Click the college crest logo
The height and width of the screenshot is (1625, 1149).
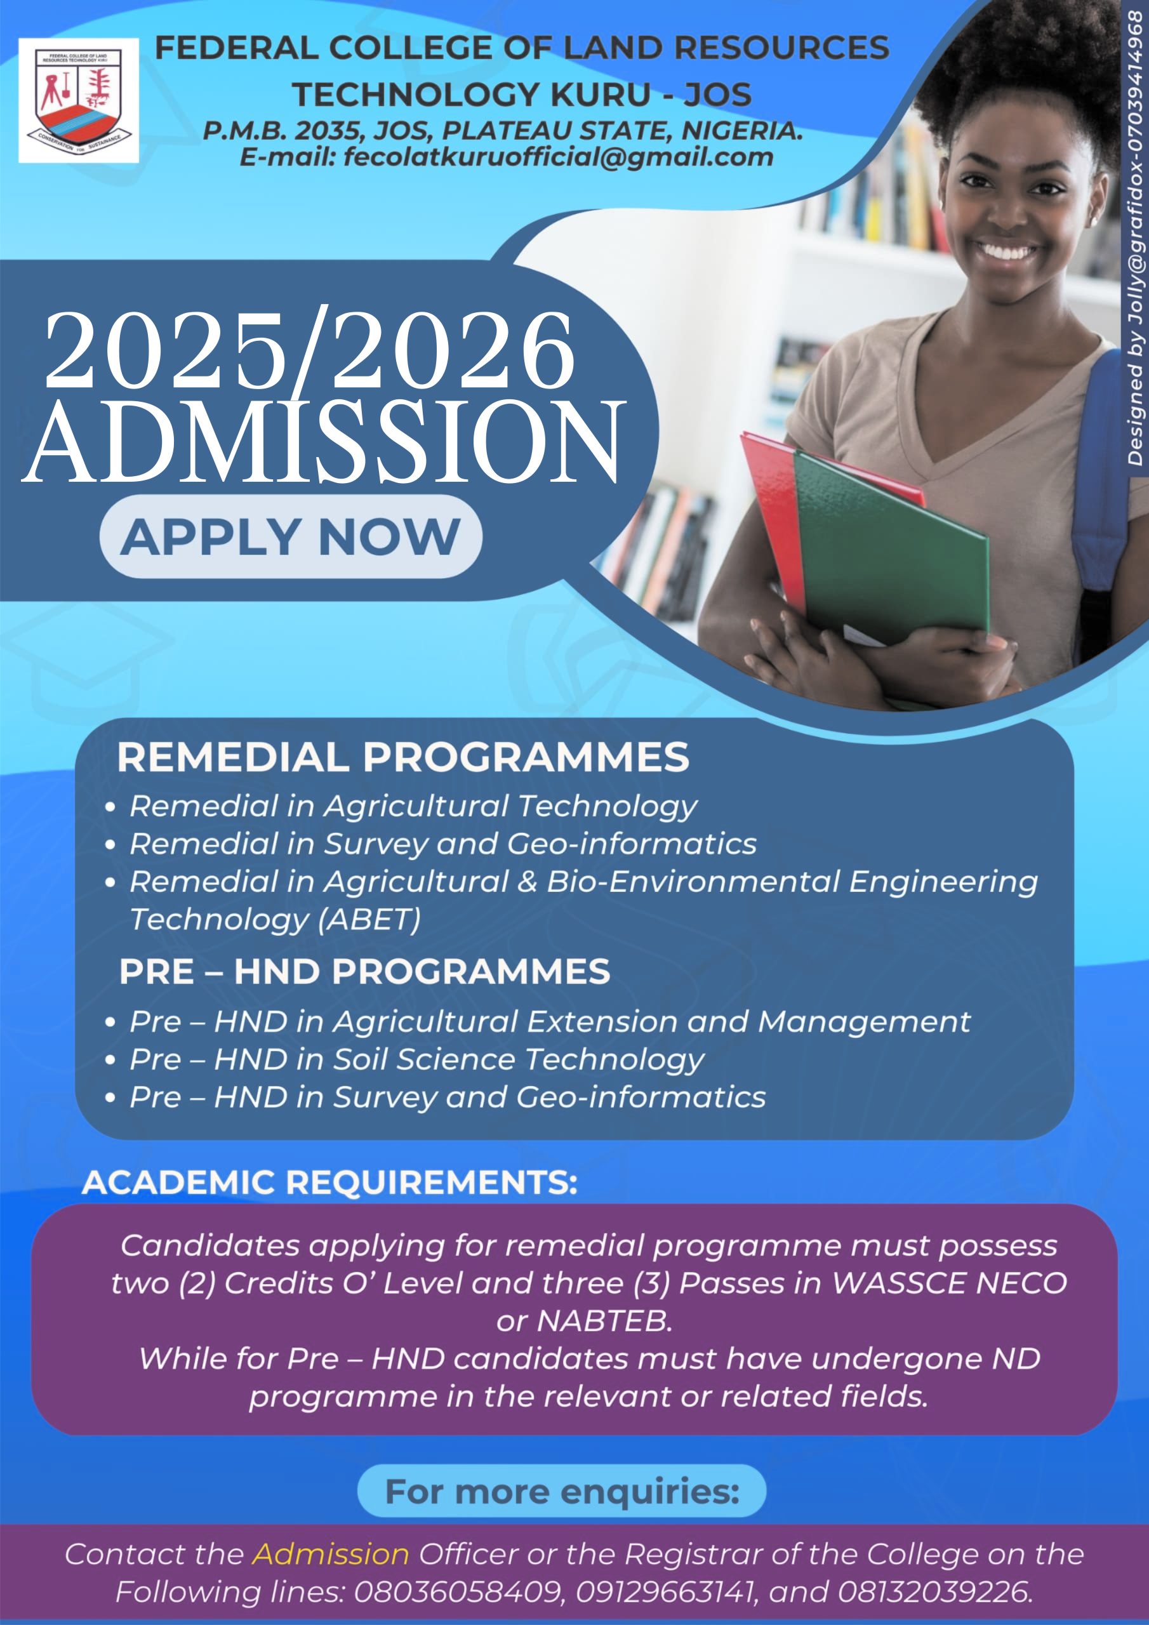click(79, 100)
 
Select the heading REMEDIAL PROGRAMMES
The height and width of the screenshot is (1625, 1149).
click(403, 757)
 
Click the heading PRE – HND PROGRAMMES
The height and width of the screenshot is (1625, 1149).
click(364, 972)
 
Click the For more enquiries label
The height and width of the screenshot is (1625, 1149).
click(562, 1492)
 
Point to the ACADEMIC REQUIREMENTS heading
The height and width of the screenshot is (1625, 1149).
click(329, 1183)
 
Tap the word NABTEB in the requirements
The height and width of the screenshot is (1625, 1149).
click(604, 1321)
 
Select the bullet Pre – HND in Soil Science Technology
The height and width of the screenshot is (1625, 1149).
click(416, 1059)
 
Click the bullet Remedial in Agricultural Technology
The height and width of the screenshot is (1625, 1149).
click(413, 806)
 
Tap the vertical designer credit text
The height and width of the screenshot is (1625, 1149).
click(1135, 241)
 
